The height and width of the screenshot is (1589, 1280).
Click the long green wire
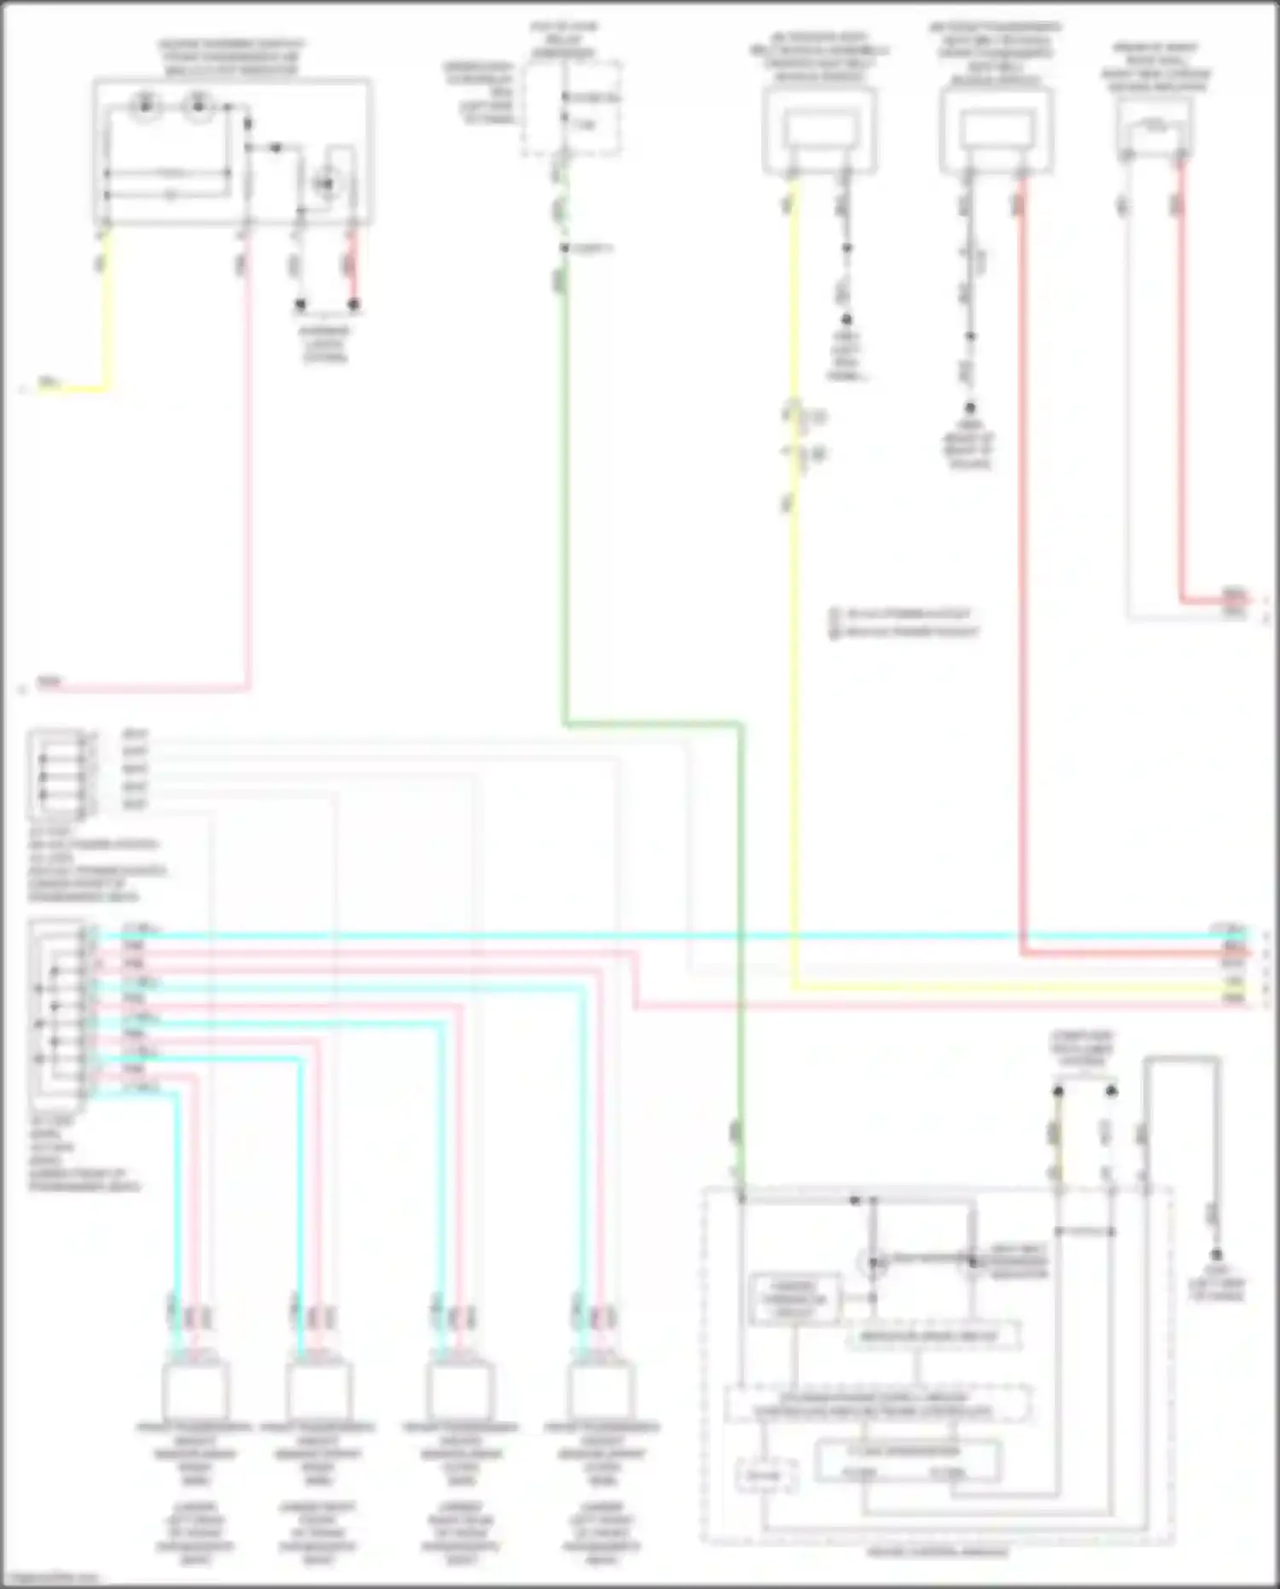[562, 512]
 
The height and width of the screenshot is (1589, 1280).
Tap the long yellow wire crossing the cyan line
[795, 683]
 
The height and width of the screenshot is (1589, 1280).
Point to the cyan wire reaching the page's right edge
[1109, 936]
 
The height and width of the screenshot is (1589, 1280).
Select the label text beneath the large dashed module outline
[937, 1551]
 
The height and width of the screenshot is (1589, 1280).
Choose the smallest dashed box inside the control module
[766, 1476]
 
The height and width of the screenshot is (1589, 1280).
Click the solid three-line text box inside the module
[794, 1300]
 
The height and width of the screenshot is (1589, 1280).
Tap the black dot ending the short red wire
[354, 304]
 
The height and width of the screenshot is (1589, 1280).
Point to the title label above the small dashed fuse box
[564, 39]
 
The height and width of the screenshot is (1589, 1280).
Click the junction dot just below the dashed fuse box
[564, 248]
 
